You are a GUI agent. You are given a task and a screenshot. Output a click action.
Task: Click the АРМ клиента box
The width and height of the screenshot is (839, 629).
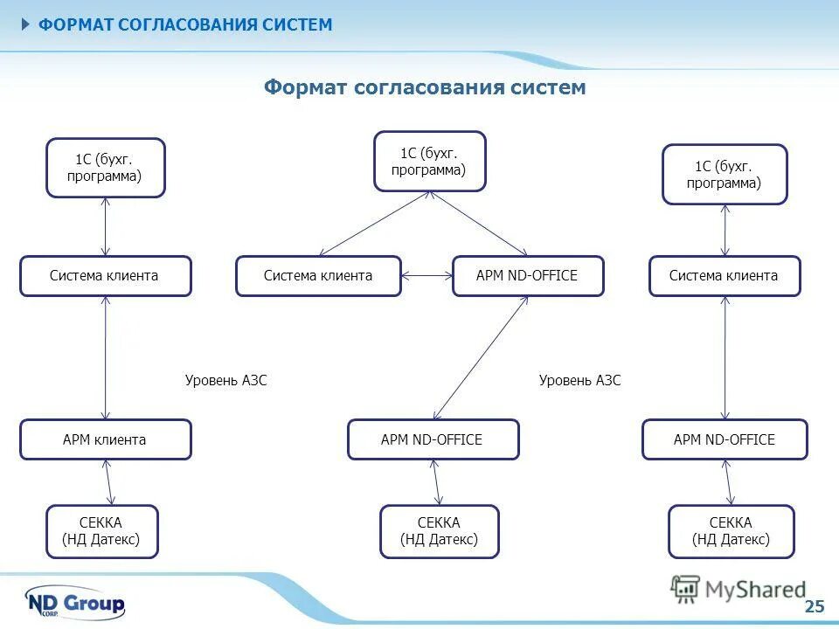click(105, 439)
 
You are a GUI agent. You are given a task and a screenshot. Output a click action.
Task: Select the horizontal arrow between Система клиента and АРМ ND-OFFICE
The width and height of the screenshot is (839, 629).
click(426, 276)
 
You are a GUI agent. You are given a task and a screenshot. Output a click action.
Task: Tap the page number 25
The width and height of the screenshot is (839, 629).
click(814, 606)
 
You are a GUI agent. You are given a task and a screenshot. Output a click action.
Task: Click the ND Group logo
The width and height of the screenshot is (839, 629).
click(75, 603)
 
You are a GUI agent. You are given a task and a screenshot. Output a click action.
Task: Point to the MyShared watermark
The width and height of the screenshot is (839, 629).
click(739, 590)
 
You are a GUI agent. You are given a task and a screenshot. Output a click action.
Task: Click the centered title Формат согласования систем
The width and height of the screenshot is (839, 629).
click(425, 87)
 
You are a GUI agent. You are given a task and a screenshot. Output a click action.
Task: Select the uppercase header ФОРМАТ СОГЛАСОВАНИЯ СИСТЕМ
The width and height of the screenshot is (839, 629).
click(184, 24)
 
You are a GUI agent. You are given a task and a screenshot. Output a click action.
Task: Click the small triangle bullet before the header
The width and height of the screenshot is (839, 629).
click(26, 24)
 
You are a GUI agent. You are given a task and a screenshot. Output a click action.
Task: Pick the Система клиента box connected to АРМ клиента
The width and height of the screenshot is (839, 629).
click(105, 276)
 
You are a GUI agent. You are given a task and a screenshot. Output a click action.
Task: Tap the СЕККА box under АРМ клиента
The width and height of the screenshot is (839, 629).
click(101, 531)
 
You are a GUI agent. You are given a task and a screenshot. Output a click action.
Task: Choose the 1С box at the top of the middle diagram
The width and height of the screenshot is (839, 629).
click(429, 162)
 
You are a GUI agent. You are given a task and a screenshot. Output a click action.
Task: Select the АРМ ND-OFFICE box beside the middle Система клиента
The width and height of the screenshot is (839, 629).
click(527, 276)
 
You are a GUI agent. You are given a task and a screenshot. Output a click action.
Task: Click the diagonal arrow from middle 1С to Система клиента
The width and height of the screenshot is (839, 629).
click(372, 224)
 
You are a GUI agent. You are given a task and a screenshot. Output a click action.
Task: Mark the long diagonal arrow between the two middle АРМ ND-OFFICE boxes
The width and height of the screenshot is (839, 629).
click(481, 358)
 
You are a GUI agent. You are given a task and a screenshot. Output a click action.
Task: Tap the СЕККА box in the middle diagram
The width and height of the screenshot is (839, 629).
click(439, 531)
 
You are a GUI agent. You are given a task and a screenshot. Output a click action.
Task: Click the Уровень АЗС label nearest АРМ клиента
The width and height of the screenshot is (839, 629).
click(225, 380)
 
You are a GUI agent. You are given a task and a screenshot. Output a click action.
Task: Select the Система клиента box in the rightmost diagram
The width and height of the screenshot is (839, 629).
click(724, 276)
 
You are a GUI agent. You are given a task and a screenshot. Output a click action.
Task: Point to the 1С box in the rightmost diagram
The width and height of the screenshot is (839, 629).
click(724, 175)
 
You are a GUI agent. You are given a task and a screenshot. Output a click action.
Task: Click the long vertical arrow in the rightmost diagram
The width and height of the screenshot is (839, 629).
click(725, 358)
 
